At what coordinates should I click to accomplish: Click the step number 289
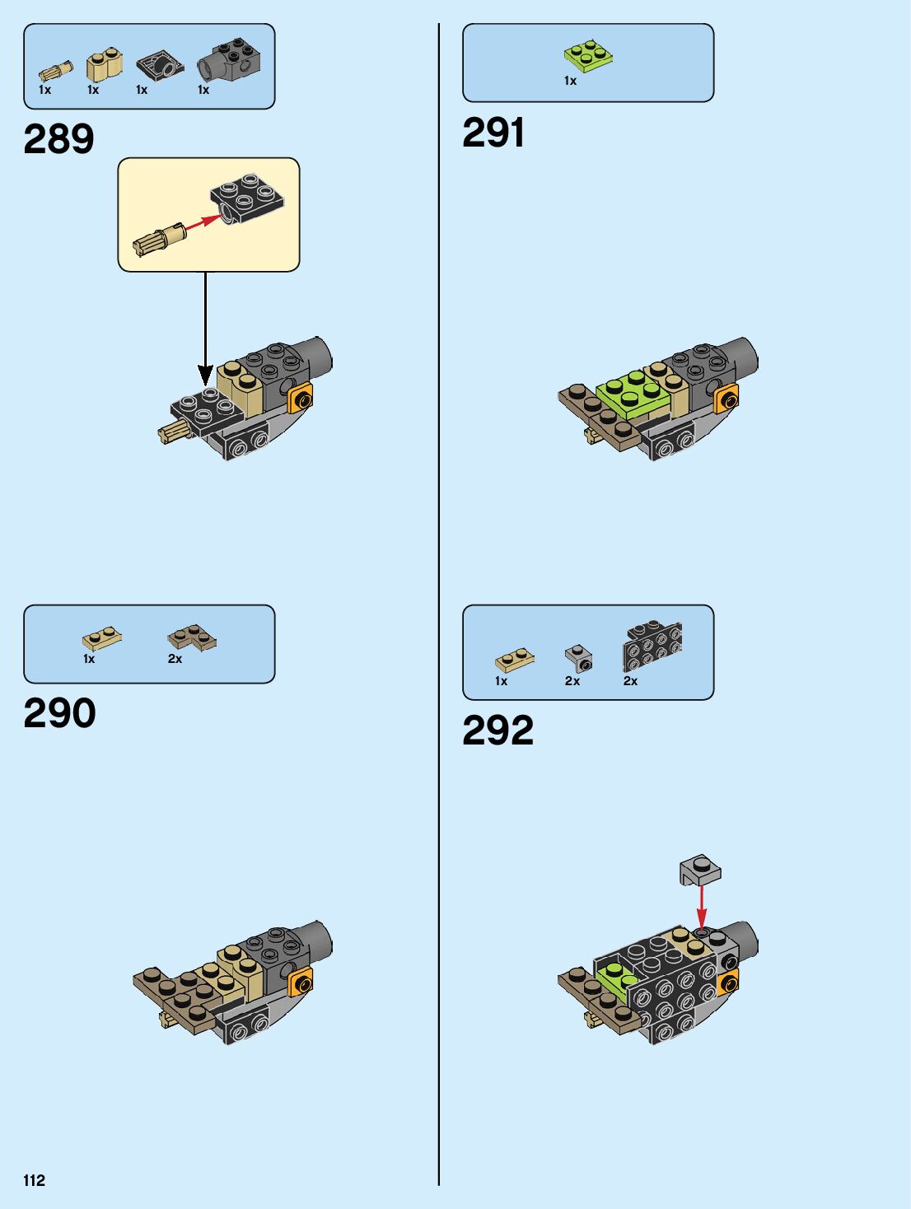click(x=58, y=138)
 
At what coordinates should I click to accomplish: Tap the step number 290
click(x=59, y=713)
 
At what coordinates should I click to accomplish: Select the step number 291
click(x=493, y=133)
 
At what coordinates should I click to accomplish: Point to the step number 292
click(x=498, y=731)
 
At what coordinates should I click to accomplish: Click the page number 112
click(x=34, y=1180)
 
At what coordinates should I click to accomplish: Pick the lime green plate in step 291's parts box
click(x=588, y=54)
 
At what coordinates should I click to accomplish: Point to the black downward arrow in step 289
click(x=205, y=329)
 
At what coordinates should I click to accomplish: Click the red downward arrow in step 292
click(x=701, y=906)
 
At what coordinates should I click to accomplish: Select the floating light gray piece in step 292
click(x=700, y=869)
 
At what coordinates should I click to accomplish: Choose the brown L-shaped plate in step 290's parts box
click(x=192, y=637)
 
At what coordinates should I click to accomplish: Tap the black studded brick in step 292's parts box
click(x=652, y=647)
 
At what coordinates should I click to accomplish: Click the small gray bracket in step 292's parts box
click(x=578, y=658)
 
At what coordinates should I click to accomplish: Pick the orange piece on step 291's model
click(x=726, y=399)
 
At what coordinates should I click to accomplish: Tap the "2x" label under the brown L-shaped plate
click(x=175, y=659)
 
